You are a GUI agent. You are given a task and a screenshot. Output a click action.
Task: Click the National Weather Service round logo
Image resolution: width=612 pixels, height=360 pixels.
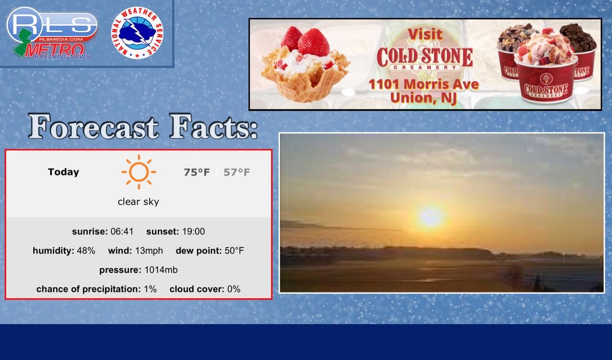pyautogui.click(x=137, y=33)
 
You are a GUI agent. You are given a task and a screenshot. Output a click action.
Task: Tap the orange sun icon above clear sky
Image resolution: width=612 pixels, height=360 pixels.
pyautogui.click(x=139, y=172)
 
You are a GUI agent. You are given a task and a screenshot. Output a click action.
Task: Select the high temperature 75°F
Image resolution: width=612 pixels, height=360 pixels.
pyautogui.click(x=197, y=173)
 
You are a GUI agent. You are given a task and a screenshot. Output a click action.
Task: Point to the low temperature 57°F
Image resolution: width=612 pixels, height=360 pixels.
pyautogui.click(x=237, y=173)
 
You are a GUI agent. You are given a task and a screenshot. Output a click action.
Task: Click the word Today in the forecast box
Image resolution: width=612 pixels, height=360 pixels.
pyautogui.click(x=64, y=172)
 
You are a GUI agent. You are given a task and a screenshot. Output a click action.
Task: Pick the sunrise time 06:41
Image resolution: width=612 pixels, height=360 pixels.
pyautogui.click(x=122, y=231)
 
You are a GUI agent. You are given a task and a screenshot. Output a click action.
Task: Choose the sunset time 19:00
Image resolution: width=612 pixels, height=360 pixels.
pyautogui.click(x=194, y=231)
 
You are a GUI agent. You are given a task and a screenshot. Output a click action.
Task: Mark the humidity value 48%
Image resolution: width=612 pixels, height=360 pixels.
pyautogui.click(x=86, y=251)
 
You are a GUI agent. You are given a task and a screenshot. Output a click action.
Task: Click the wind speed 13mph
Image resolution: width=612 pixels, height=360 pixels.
pyautogui.click(x=149, y=251)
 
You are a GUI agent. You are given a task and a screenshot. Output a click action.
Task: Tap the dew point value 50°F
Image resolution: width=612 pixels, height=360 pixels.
pyautogui.click(x=234, y=251)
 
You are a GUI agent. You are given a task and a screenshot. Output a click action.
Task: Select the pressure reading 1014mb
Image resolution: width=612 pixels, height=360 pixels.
pyautogui.click(x=161, y=270)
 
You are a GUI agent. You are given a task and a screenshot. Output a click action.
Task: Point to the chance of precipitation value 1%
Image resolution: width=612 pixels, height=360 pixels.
pyautogui.click(x=150, y=289)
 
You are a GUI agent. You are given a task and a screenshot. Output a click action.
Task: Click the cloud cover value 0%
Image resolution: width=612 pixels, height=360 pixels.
pyautogui.click(x=234, y=289)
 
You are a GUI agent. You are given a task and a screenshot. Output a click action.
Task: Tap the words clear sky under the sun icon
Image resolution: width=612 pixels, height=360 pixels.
pyautogui.click(x=138, y=202)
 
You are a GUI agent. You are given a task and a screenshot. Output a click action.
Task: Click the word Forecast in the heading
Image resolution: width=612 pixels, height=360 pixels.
pyautogui.click(x=93, y=127)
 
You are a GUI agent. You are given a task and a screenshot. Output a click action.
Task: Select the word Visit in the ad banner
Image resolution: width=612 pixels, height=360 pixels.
pyautogui.click(x=425, y=34)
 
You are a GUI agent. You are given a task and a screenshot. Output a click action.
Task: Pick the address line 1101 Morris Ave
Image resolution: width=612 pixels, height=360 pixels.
pyautogui.click(x=424, y=84)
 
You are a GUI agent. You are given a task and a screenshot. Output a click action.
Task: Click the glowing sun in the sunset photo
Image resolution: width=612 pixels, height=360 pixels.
pyautogui.click(x=431, y=216)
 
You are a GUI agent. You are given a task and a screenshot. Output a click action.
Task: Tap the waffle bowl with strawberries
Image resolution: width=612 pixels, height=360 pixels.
pyautogui.click(x=305, y=64)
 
